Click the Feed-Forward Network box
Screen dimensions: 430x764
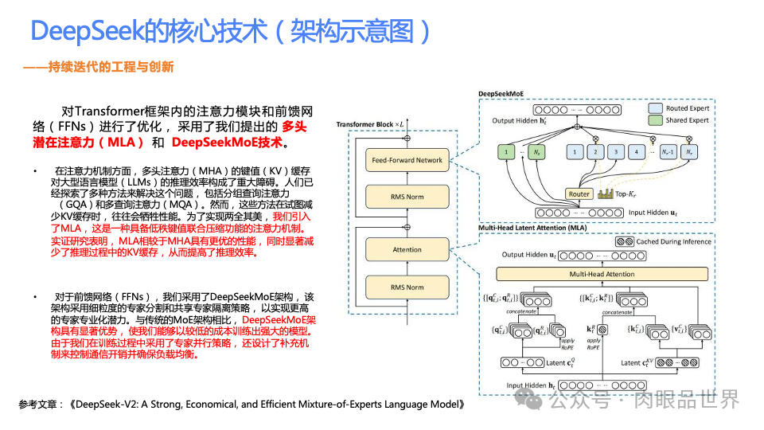(407, 160)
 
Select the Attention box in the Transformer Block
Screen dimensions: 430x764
(407, 249)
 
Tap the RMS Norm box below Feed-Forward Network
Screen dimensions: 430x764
(407, 197)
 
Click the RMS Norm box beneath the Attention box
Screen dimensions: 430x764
(407, 287)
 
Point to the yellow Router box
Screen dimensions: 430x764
(579, 193)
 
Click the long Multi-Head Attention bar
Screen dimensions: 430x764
(602, 274)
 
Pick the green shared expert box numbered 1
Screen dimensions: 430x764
(507, 150)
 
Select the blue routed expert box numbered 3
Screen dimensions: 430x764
(614, 150)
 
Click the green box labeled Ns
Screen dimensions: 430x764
(538, 150)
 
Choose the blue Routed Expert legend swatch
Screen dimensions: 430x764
(655, 107)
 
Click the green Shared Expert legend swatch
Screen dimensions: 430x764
(655, 120)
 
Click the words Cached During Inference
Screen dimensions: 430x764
(672, 241)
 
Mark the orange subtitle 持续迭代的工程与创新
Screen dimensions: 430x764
(111, 67)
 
